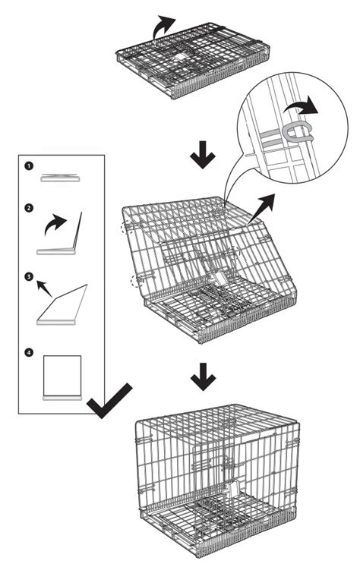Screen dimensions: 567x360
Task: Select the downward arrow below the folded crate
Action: coord(201,156)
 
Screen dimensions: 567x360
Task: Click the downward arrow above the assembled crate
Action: coord(201,378)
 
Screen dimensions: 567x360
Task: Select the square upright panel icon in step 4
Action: coord(63,375)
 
